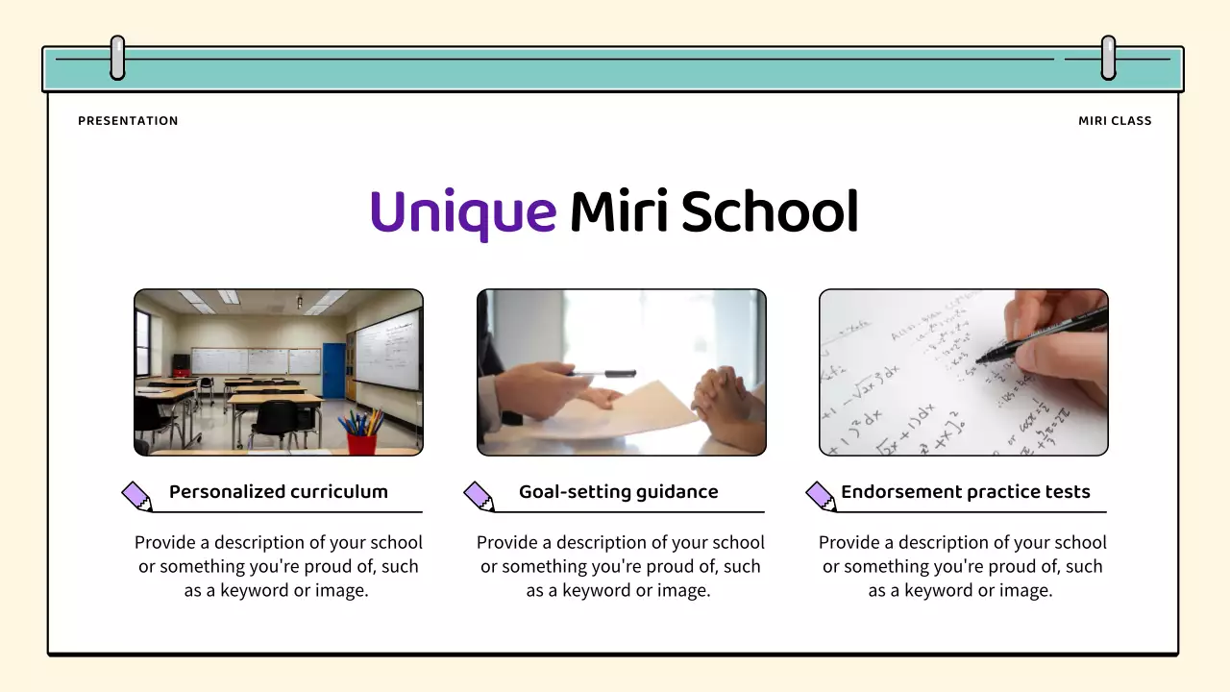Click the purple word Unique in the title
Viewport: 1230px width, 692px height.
(462, 212)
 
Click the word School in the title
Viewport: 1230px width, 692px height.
(769, 212)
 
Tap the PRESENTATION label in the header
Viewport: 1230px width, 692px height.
(128, 121)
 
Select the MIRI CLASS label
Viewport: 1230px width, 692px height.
(1115, 121)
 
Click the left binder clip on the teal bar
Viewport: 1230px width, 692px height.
(117, 58)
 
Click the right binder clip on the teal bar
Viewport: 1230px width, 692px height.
(1108, 58)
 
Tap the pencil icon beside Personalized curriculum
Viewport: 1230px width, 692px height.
(137, 496)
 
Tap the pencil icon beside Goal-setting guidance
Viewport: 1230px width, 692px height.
(479, 496)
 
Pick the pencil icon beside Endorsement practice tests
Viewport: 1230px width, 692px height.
(821, 496)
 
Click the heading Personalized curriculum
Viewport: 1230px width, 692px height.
(279, 492)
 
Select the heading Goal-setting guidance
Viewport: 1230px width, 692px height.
(619, 492)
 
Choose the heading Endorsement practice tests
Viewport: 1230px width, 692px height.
(965, 492)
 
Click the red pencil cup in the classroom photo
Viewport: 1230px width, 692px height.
(362, 442)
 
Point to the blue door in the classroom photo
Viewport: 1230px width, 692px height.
(333, 370)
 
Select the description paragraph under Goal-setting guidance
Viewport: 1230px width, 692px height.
(620, 567)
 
